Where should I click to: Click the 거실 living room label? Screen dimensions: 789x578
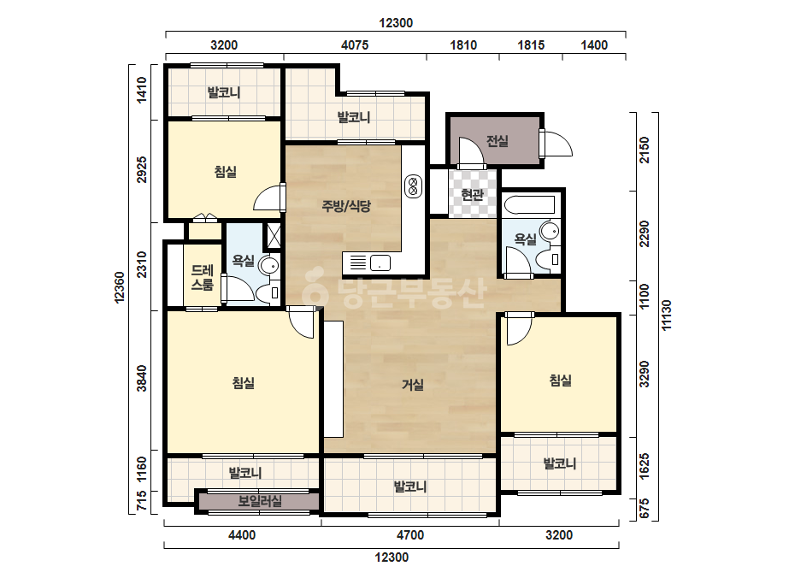(x=413, y=385)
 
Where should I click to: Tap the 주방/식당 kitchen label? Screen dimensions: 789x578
(x=346, y=205)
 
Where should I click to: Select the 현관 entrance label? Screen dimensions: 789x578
(x=473, y=194)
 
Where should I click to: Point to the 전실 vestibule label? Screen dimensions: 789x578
(x=498, y=141)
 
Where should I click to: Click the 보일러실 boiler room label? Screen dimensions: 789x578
(x=260, y=501)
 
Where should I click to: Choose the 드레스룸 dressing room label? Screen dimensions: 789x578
(x=203, y=277)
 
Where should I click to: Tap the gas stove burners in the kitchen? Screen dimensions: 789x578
(x=413, y=186)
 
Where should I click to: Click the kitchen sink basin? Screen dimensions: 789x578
(x=380, y=262)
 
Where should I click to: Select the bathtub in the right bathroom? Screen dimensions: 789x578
(x=528, y=205)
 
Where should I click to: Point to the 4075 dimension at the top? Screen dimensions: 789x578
(x=355, y=45)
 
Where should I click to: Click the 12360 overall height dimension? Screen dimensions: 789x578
(x=120, y=287)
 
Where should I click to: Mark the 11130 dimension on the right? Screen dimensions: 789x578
(x=667, y=316)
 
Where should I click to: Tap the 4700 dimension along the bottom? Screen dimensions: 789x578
(x=410, y=534)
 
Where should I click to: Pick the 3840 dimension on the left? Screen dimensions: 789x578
(x=143, y=378)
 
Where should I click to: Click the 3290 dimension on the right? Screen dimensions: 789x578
(x=645, y=375)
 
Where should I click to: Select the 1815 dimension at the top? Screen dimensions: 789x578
(x=531, y=45)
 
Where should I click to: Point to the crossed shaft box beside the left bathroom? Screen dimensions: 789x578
(x=274, y=235)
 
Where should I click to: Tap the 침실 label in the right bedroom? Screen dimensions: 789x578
(x=560, y=380)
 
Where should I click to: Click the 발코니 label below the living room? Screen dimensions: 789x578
(x=410, y=487)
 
